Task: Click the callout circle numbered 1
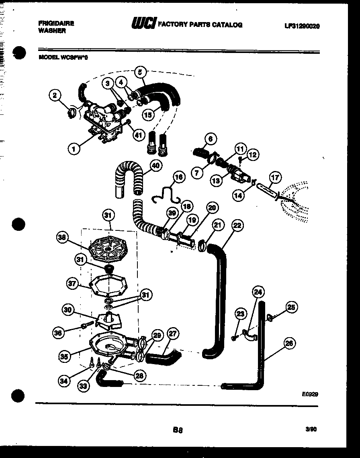[74, 149]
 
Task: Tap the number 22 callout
[237, 226]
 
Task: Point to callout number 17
[276, 177]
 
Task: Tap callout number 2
[55, 96]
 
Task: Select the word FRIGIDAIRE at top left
[56, 24]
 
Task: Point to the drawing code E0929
[310, 394]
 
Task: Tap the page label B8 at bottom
[178, 430]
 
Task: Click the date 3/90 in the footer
[311, 429]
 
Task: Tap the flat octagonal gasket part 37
[106, 285]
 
